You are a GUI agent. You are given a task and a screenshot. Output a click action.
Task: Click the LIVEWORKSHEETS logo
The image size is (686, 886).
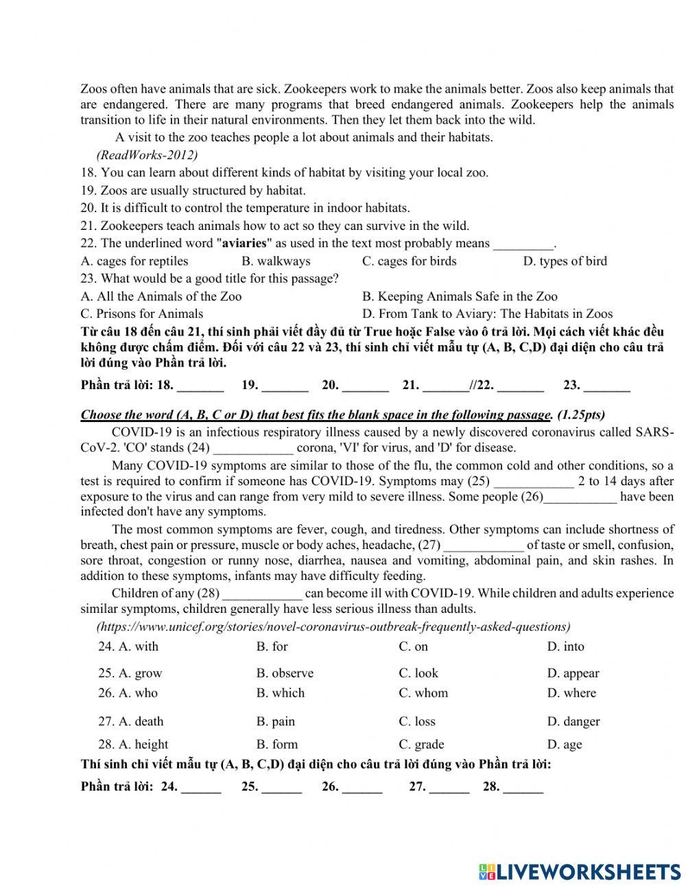(580, 872)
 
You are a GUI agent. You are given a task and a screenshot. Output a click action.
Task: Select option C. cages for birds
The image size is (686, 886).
(409, 261)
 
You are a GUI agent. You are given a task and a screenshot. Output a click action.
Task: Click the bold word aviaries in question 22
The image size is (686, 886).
(244, 243)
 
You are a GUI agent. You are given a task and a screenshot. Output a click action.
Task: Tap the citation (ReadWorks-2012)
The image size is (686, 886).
(147, 154)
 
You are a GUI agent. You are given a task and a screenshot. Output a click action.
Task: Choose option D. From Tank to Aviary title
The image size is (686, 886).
(487, 314)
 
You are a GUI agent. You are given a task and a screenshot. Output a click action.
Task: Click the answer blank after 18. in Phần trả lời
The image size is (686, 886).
(200, 386)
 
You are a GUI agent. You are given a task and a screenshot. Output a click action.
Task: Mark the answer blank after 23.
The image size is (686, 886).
(606, 386)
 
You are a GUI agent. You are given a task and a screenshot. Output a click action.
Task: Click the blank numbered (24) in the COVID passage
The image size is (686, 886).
(253, 448)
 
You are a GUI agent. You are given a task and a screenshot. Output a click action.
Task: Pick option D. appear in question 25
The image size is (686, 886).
(573, 673)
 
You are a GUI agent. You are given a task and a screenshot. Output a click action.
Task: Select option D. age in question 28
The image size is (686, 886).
(564, 745)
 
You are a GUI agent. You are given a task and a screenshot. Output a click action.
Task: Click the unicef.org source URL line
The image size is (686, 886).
(333, 627)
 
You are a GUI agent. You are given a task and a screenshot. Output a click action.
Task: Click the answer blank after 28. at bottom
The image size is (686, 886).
(523, 788)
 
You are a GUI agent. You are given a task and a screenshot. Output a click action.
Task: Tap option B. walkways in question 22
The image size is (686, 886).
(276, 261)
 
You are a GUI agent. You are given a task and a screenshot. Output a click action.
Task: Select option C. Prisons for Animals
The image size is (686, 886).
(142, 314)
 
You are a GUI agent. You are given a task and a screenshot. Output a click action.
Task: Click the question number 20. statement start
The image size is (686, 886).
(88, 208)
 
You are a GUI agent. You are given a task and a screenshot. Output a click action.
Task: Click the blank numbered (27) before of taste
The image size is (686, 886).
(484, 546)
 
